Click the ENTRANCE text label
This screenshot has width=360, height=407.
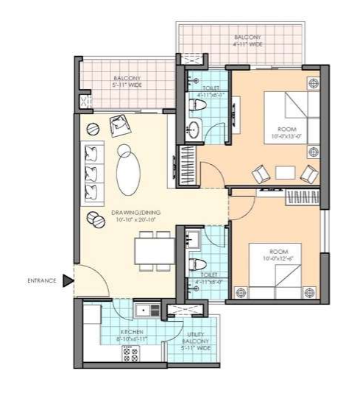click(43, 280)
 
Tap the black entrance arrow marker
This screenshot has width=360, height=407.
click(68, 280)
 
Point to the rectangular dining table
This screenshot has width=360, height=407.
click(155, 251)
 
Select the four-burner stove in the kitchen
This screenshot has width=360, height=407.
click(130, 355)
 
